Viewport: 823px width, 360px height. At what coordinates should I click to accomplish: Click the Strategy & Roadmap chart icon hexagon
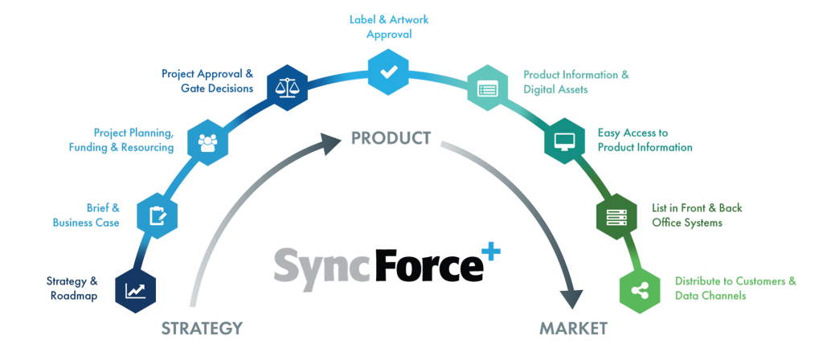(x=135, y=289)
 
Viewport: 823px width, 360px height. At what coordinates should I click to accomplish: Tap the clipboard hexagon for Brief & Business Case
(x=157, y=215)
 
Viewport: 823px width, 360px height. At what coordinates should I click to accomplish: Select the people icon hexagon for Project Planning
(x=207, y=142)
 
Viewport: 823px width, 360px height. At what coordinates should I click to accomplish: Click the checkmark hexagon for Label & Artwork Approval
(x=389, y=72)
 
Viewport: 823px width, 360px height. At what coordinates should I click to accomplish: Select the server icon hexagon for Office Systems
(x=616, y=215)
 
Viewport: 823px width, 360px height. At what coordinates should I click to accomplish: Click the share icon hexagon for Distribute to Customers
(x=641, y=289)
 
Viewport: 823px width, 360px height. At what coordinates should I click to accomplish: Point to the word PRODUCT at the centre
(x=391, y=138)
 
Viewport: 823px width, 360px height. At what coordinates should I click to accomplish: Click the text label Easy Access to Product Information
(x=645, y=140)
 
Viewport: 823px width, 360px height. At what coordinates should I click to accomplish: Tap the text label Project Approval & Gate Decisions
(x=207, y=80)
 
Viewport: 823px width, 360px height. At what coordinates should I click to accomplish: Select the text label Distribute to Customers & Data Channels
(x=735, y=288)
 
